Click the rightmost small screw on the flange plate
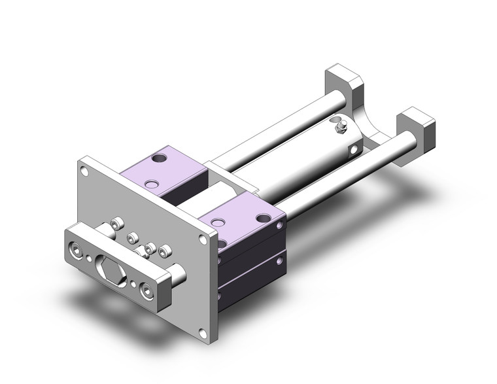(x=164, y=250)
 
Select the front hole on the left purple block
(x=152, y=184)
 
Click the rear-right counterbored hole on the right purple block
(x=264, y=218)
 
